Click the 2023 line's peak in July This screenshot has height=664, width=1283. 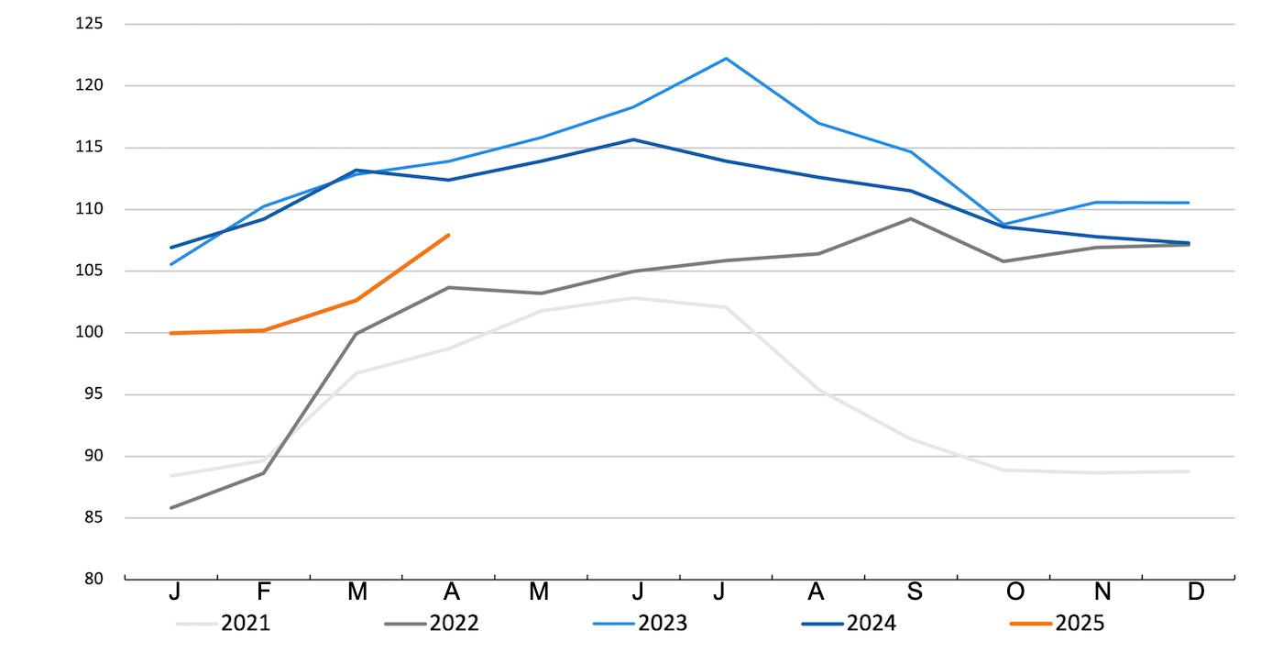tap(726, 59)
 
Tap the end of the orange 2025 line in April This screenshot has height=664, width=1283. tap(449, 235)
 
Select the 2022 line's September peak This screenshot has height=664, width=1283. tap(910, 218)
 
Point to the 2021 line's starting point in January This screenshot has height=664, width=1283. tap(171, 476)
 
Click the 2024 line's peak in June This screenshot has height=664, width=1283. tap(633, 139)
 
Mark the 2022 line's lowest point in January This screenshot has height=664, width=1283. tap(171, 507)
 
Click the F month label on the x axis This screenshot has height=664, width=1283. tap(264, 592)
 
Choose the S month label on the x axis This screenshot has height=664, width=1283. tap(915, 592)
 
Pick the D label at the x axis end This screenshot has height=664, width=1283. tap(1195, 592)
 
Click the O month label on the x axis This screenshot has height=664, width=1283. tap(1014, 592)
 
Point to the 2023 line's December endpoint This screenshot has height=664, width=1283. tap(1189, 203)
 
